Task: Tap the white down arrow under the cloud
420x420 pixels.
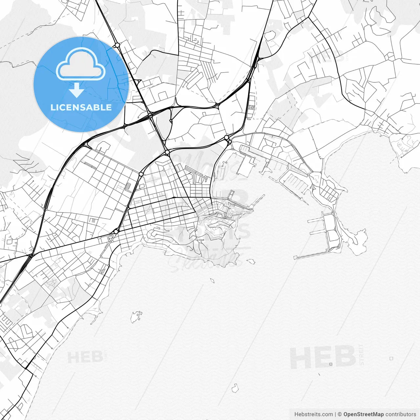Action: click(x=77, y=90)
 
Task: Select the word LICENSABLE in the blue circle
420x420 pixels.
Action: click(x=81, y=107)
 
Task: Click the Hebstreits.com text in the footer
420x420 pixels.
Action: click(x=313, y=414)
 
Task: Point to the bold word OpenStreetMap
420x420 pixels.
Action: click(x=363, y=414)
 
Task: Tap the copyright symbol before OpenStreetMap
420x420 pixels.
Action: click(x=340, y=414)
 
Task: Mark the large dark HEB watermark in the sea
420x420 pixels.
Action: click(x=323, y=358)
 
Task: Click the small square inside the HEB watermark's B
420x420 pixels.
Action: click(x=331, y=364)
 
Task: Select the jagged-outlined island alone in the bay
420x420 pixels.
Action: click(x=136, y=317)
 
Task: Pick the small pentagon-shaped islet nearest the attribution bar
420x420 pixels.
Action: click(x=235, y=388)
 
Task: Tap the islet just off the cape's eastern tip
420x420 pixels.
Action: click(x=251, y=262)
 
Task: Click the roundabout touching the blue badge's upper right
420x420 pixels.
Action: click(x=117, y=45)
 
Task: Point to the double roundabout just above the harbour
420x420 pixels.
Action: click(x=227, y=139)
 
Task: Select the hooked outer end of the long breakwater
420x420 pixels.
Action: click(x=295, y=258)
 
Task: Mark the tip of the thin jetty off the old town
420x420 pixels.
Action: click(x=263, y=196)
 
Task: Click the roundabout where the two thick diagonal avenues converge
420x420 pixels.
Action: click(x=167, y=152)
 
